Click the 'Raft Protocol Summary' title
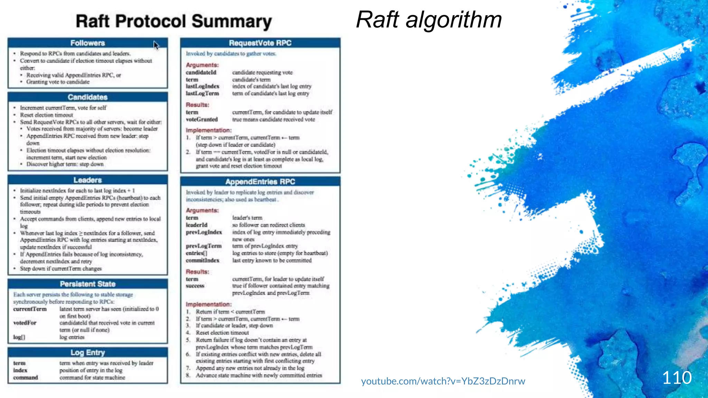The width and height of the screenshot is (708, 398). pos(174,21)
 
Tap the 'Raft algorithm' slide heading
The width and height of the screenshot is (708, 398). pos(429,20)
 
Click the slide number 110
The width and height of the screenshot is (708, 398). pos(677,378)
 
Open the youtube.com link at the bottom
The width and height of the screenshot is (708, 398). pos(443,381)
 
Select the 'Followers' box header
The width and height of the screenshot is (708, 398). pos(87,43)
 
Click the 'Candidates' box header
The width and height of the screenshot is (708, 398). pos(87,97)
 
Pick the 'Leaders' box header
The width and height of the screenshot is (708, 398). pos(87,180)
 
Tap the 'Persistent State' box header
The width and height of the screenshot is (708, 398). pos(87,284)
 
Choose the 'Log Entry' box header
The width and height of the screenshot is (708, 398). pos(87,353)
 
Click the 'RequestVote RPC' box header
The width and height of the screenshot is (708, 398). pos(260,43)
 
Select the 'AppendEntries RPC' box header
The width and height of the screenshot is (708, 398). pos(260,182)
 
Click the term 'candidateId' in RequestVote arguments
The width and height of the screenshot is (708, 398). pos(201,73)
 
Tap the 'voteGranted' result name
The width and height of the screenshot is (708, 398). pos(202,120)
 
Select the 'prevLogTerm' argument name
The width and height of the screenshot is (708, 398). pos(203,246)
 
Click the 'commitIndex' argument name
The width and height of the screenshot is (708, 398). pos(202,260)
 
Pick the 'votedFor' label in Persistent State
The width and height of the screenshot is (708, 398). pos(25,323)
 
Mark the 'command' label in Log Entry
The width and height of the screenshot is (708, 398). pos(25,378)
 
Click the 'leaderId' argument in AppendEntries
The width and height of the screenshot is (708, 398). pos(196,225)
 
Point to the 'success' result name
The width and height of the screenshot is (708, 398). pos(195,286)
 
